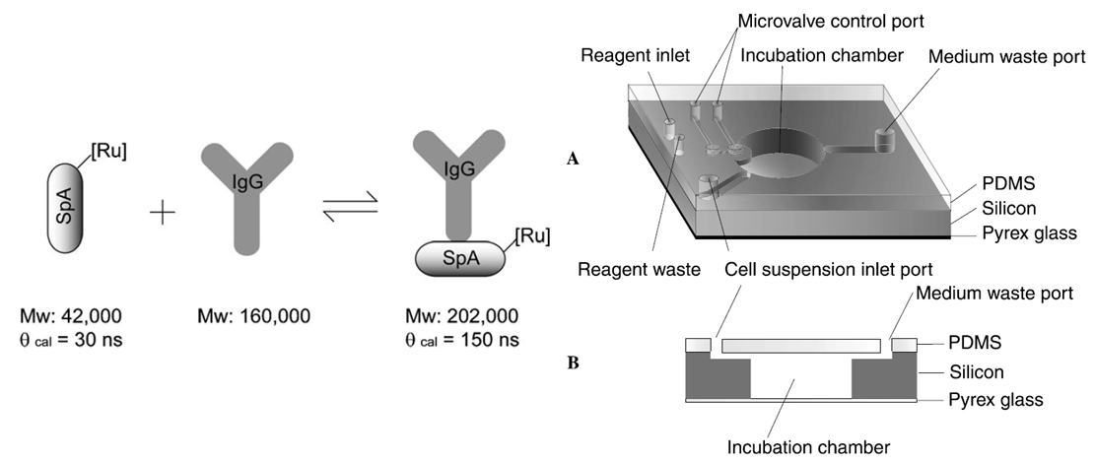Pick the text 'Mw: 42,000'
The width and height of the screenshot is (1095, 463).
[x=71, y=316]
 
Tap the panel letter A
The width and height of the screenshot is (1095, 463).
[x=573, y=157]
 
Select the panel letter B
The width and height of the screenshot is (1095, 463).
[x=573, y=362]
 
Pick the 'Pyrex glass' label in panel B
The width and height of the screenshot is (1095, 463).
[x=994, y=400]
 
